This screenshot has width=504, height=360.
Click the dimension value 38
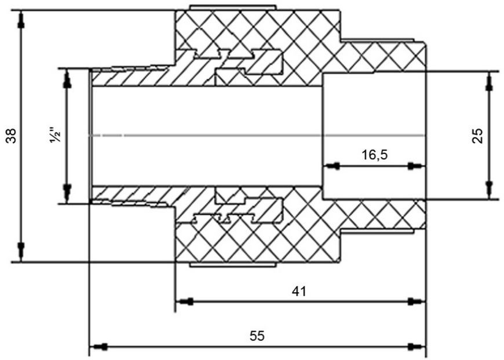[12, 136]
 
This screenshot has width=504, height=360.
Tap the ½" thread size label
[55, 136]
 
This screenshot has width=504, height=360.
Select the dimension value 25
[478, 135]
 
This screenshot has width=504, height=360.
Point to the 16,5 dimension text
[375, 155]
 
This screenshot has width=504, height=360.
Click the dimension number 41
[300, 291]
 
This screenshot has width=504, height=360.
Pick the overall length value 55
[257, 336]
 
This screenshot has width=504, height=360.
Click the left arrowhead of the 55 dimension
[98, 347]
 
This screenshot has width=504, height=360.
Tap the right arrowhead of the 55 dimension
[417, 347]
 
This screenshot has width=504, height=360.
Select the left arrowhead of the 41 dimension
[184, 302]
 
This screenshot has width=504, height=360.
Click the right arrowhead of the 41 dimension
[417, 302]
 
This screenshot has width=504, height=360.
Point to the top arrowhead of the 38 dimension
[21, 20]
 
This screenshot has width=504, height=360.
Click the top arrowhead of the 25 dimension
[489, 80]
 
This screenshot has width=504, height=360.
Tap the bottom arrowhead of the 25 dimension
[489, 190]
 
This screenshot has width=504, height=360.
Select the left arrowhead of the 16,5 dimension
[332, 166]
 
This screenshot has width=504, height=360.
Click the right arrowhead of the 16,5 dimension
[417, 166]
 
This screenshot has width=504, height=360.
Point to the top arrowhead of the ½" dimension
[67, 78]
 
